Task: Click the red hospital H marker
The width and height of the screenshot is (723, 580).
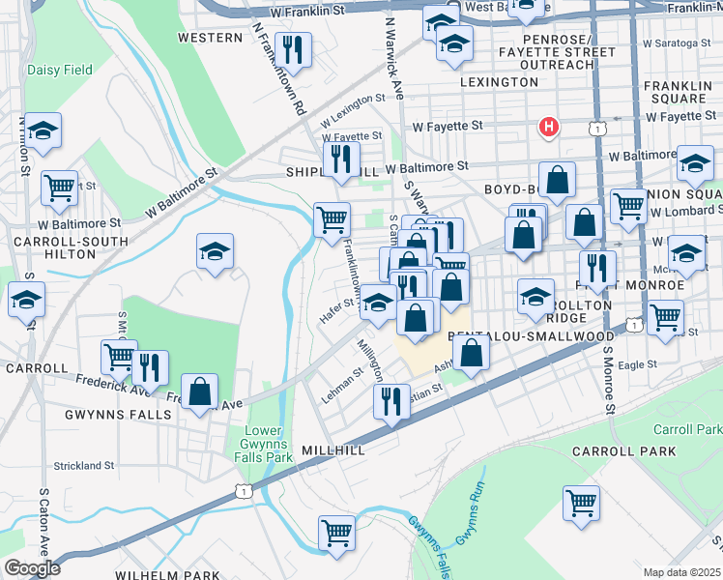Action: [549, 127]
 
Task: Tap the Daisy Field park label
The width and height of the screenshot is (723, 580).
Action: [60, 71]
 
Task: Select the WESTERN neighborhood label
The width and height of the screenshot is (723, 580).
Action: [210, 38]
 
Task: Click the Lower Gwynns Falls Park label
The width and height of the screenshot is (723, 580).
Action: [269, 443]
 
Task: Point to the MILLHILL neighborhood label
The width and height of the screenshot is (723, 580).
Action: [333, 451]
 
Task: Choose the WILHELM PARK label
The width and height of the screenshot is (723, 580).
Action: [168, 575]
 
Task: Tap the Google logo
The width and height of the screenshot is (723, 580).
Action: [31, 568]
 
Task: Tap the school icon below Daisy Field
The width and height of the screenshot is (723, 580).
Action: [43, 133]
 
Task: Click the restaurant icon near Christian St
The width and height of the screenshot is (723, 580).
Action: [391, 400]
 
